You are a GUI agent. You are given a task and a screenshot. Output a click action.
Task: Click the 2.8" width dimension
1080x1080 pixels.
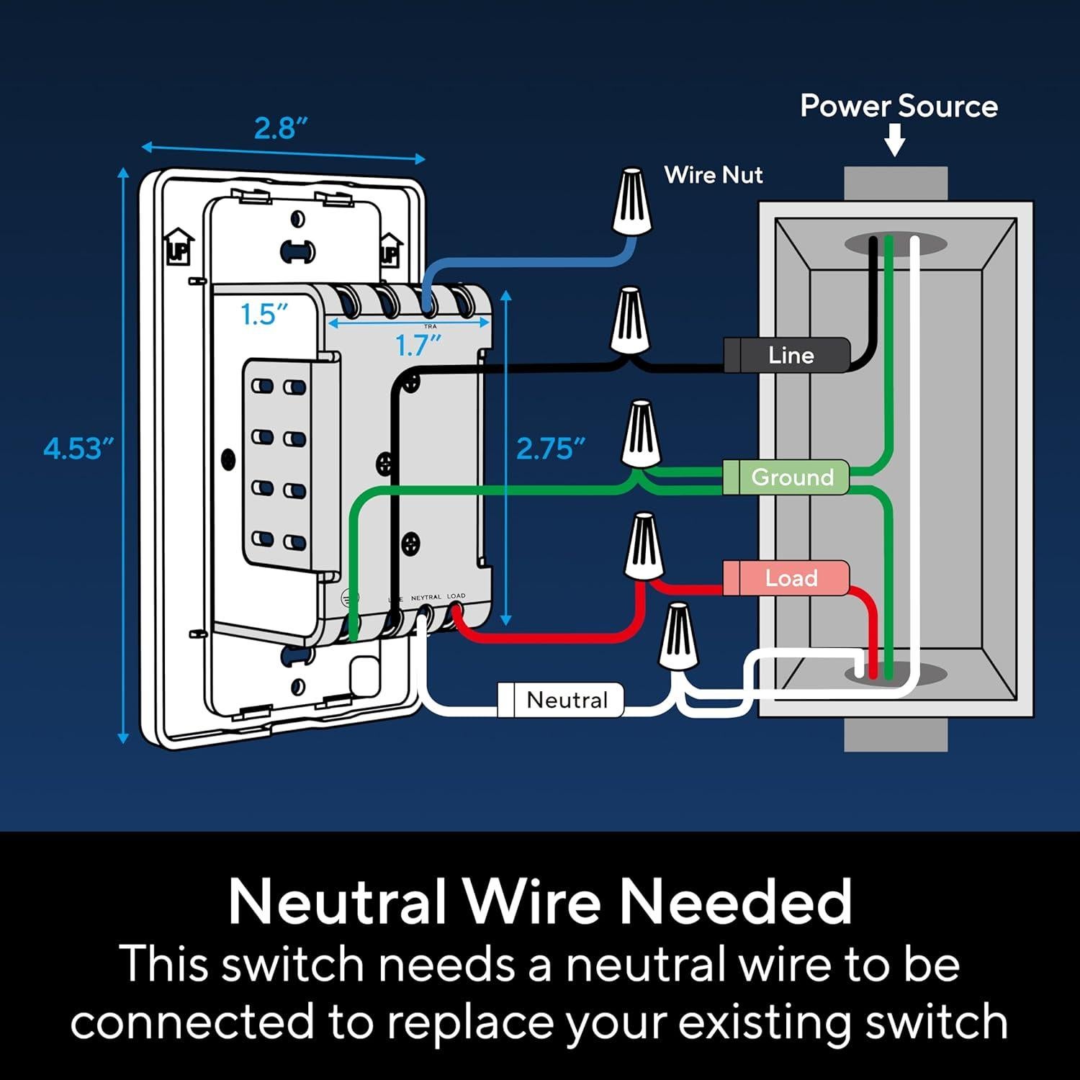click(x=281, y=128)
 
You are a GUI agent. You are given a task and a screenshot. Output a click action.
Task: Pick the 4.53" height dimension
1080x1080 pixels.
click(x=78, y=449)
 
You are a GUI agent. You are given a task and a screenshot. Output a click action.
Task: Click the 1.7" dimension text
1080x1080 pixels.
click(x=418, y=346)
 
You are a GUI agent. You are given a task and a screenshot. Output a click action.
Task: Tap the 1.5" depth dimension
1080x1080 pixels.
click(x=264, y=315)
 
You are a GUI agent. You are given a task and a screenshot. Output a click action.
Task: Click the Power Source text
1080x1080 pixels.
click(x=899, y=107)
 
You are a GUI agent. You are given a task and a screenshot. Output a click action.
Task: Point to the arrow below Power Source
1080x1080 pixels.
click(x=895, y=140)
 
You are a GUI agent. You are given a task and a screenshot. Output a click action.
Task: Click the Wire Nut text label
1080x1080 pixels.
click(x=713, y=175)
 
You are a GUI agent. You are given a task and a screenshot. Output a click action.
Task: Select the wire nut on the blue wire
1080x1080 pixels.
click(x=632, y=202)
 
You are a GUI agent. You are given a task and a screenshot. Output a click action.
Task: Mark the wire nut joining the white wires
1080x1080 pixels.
click(x=678, y=637)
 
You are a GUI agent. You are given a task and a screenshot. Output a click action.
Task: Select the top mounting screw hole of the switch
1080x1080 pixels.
click(x=297, y=219)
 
